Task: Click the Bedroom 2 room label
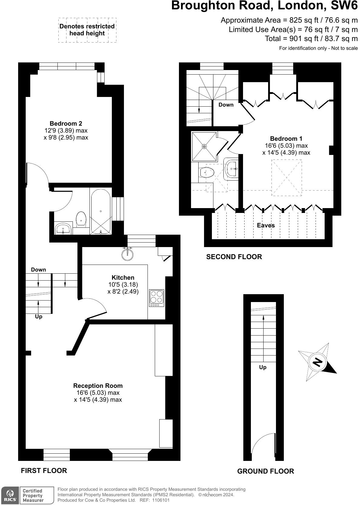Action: click(x=66, y=124)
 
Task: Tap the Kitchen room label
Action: click(x=123, y=278)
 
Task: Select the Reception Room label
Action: click(x=98, y=386)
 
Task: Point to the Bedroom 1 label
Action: click(x=286, y=139)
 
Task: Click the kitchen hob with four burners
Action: click(x=157, y=297)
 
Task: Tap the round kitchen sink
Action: click(x=127, y=254)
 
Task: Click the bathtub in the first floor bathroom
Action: click(x=101, y=211)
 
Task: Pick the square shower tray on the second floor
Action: click(x=204, y=146)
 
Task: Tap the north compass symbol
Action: click(x=317, y=362)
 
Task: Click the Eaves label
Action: click(x=266, y=225)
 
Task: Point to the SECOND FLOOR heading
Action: click(x=234, y=257)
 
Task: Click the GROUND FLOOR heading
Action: click(x=265, y=471)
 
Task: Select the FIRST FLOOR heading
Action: click(x=44, y=470)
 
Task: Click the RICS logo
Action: click(x=10, y=495)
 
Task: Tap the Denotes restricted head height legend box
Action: click(x=87, y=30)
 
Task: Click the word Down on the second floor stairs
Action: click(x=226, y=105)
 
